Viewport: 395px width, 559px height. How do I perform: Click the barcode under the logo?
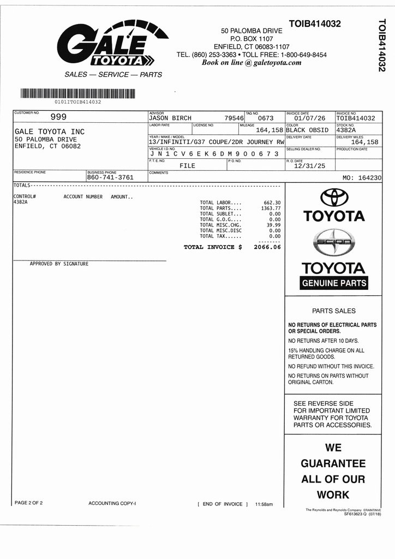tap(77, 93)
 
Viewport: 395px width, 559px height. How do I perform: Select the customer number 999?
tap(58, 116)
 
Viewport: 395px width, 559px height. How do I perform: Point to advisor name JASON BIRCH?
tap(170, 118)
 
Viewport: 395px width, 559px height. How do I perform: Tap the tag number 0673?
tap(266, 118)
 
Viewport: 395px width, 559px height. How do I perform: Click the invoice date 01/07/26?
tap(309, 118)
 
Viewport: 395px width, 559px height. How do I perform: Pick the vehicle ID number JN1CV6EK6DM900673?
tap(214, 154)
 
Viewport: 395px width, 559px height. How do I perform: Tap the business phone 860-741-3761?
tap(110, 177)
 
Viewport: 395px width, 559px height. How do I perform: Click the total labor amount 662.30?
tap(272, 203)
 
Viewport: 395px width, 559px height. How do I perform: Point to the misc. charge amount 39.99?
tap(273, 225)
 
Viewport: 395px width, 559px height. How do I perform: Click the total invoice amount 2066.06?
tap(267, 247)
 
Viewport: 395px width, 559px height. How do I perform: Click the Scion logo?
tap(334, 242)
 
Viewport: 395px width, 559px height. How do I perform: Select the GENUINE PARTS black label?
tap(334, 283)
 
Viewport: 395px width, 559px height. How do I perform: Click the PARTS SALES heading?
tap(333, 311)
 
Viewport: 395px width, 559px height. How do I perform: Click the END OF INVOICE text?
tap(223, 504)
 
